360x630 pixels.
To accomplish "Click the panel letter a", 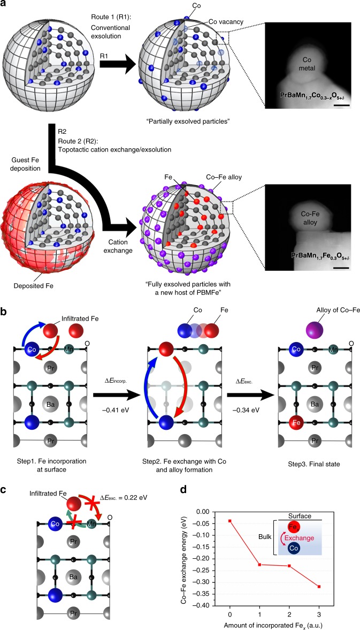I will click(5, 5).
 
